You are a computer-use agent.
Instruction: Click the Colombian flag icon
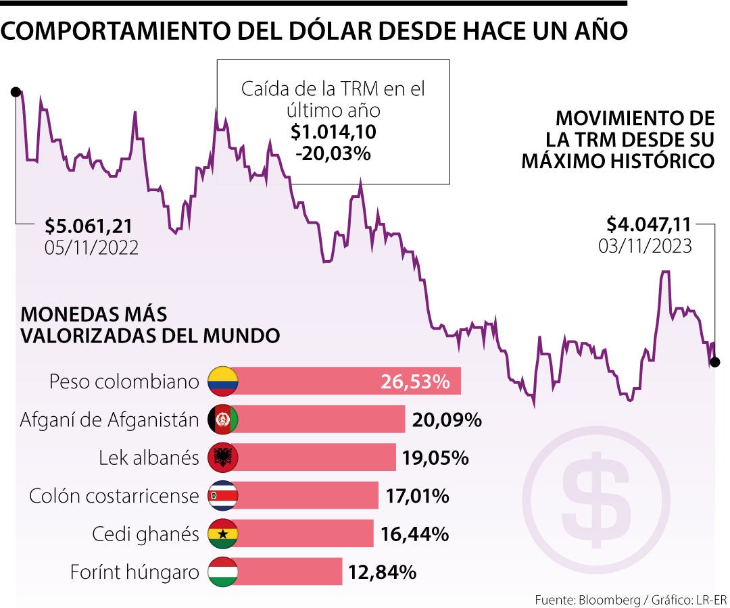click(x=223, y=382)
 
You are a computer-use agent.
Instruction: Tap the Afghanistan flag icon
click(x=223, y=420)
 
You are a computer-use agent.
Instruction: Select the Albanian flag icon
click(x=223, y=458)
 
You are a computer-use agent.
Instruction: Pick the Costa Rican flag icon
click(x=223, y=497)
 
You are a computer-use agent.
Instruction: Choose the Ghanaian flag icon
click(x=223, y=534)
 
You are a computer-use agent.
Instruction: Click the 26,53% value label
click(x=415, y=382)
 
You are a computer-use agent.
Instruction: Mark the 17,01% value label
click(x=417, y=497)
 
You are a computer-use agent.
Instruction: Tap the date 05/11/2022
click(x=92, y=247)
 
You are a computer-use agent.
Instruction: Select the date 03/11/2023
click(x=645, y=245)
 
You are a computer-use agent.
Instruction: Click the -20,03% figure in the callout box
click(x=333, y=153)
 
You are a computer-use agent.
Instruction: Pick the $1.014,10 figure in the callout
click(x=333, y=132)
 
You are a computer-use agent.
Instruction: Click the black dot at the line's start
click(x=15, y=91)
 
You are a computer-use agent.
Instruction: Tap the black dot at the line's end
click(x=715, y=362)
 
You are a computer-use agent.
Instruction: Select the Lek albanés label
click(x=149, y=458)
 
